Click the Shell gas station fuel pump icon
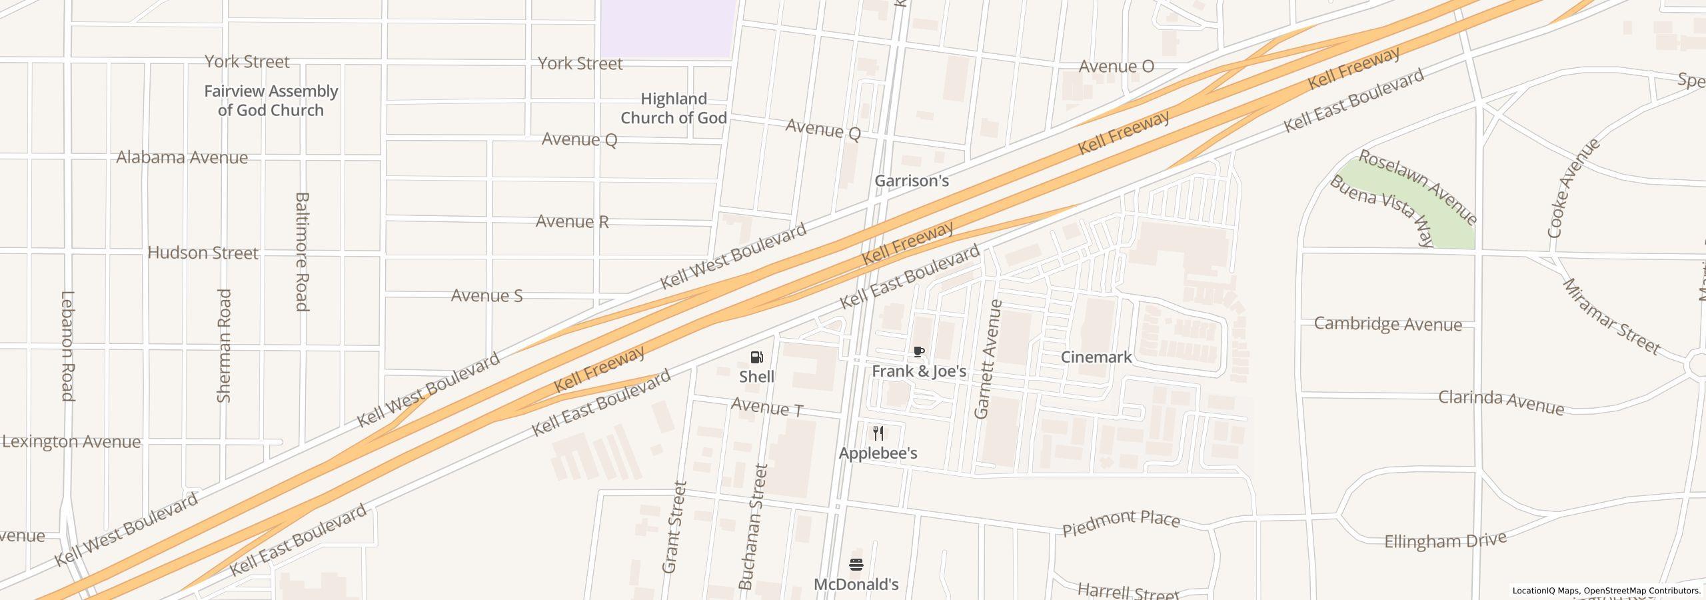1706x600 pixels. pos(756,357)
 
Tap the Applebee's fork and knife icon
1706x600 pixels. pos(878,434)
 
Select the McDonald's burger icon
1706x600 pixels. pos(856,565)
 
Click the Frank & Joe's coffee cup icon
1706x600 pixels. pos(919,352)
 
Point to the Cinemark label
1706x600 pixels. pos(1096,357)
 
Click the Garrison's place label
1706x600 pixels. pos(911,181)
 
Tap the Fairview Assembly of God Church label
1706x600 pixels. pos(271,101)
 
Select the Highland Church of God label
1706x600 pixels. pos(673,109)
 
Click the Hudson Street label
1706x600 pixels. pos(203,253)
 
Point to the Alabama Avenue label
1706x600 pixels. pos(182,158)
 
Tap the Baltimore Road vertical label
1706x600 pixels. pos(302,251)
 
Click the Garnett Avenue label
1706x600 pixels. pos(988,359)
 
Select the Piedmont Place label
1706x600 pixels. pos(1121,523)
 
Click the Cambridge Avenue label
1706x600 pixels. pos(1387,325)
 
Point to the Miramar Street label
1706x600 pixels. pos(1610,316)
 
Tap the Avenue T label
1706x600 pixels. pos(767,407)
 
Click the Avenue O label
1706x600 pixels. pos(1116,67)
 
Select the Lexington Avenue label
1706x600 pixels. pos(71,442)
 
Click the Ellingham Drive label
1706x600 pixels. pos(1445,541)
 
